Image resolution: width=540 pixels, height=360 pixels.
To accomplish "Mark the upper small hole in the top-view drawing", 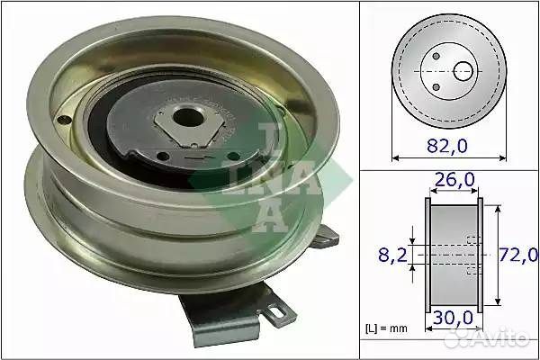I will [x=436, y=57].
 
